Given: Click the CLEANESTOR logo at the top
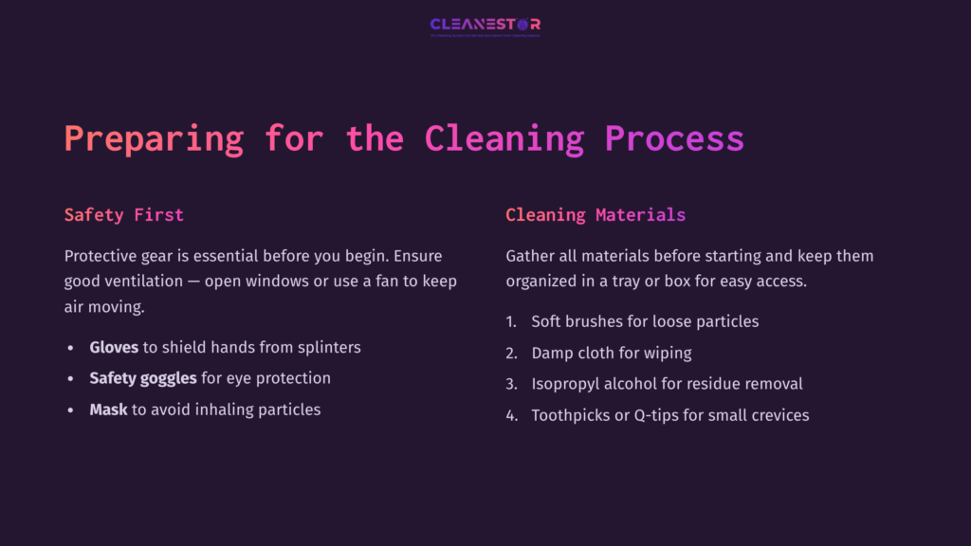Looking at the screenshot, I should (485, 25).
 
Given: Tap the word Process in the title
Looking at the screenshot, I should (674, 138).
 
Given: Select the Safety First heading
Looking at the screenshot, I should (124, 215).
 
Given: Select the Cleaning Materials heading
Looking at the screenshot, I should (595, 215).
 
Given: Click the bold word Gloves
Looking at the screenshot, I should (114, 347).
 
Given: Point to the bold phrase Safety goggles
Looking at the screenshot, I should (143, 378).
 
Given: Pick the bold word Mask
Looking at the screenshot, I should (108, 409).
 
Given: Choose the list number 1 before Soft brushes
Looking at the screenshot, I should (511, 321).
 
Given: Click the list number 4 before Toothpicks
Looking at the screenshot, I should (511, 415).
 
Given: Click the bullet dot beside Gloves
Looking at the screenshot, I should (70, 348).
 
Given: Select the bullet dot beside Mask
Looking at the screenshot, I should (70, 410).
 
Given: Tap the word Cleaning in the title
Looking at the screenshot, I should (504, 138).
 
